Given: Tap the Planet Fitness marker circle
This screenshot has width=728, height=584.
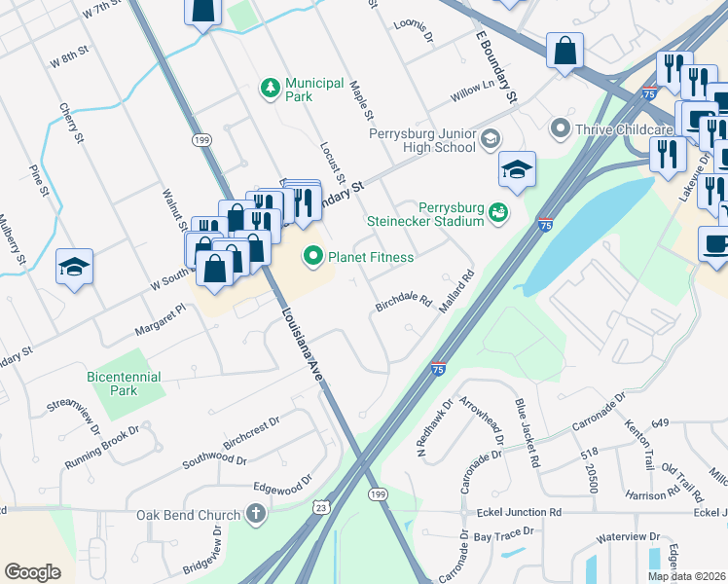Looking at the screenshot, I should (312, 257).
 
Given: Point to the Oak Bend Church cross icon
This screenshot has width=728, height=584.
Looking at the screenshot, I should (256, 514).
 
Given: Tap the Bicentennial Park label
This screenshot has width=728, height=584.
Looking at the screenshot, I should (125, 383).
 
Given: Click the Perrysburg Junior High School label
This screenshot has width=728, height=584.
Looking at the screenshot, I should (421, 140).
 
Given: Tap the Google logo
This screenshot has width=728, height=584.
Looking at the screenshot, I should (32, 572).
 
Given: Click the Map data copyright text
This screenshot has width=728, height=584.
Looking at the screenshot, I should (686, 576).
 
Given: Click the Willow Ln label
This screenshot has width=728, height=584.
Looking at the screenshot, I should (472, 95).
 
